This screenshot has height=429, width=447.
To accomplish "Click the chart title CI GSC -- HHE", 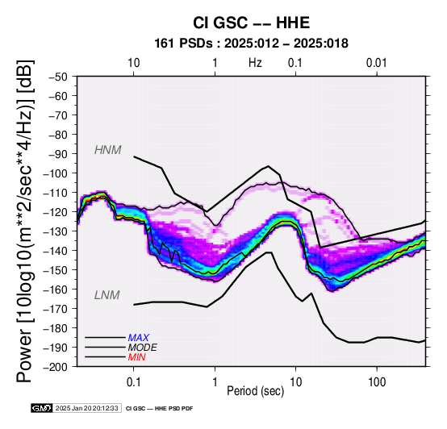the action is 251,23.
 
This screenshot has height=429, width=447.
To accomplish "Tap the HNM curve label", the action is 108,150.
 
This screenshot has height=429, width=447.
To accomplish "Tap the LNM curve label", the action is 107,295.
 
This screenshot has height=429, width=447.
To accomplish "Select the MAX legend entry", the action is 138,338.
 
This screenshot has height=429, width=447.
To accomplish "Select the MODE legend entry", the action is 142,348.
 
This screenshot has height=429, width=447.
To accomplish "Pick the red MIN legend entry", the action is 136,357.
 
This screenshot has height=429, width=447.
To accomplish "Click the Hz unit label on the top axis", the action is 255,63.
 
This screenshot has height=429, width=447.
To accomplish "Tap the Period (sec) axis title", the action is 256,391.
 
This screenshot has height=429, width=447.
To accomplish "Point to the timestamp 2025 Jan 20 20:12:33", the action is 86,408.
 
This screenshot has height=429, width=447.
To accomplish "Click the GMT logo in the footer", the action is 42,408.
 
